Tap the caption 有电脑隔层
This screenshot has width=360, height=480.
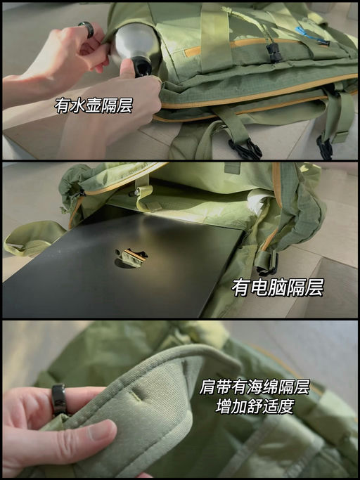pyautogui.click(x=278, y=288)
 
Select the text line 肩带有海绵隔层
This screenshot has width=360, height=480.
pyautogui.click(x=255, y=387)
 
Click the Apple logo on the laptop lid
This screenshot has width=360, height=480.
pyautogui.click(x=131, y=257)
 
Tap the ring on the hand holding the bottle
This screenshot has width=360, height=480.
pyautogui.click(x=86, y=29)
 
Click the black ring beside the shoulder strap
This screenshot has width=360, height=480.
pyautogui.click(x=59, y=399)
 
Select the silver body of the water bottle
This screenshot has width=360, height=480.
pyautogui.click(x=134, y=41)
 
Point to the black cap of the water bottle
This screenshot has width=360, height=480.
pyautogui.click(x=142, y=67)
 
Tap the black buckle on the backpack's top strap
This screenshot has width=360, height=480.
pyautogui.click(x=274, y=51)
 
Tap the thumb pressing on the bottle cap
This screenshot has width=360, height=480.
pyautogui.click(x=130, y=70)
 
